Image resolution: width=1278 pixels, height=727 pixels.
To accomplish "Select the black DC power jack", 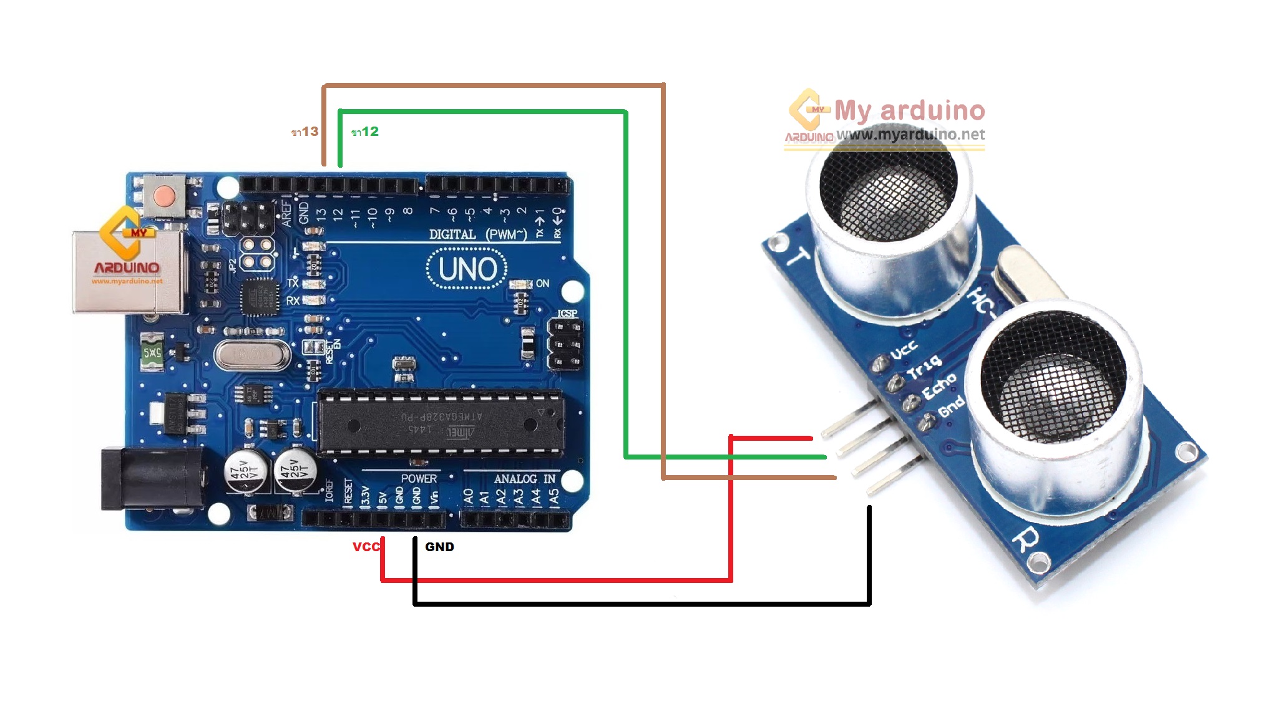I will (x=153, y=479).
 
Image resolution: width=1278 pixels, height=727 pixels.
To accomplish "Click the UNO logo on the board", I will (x=467, y=269).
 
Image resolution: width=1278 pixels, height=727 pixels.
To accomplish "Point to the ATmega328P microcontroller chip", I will (x=441, y=423).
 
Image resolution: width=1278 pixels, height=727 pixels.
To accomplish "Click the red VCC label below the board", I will (x=366, y=547).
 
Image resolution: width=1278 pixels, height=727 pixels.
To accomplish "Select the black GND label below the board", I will (x=439, y=547).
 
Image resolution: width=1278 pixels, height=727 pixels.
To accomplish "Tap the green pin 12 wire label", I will (x=365, y=132).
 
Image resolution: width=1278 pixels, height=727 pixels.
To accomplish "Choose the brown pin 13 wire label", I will (x=305, y=132).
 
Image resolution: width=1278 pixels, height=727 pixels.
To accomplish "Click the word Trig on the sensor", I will (x=924, y=368).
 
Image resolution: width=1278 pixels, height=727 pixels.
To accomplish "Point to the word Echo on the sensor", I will (x=939, y=387).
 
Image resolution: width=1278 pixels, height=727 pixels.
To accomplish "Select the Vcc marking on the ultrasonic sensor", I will (x=904, y=350).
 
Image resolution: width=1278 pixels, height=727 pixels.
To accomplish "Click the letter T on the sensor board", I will (x=798, y=256).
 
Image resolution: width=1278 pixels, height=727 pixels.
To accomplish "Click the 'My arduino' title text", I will (x=909, y=110).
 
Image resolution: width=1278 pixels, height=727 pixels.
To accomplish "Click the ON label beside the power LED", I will (x=542, y=283).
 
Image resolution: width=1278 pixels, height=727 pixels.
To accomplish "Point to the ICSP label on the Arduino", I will (x=567, y=313).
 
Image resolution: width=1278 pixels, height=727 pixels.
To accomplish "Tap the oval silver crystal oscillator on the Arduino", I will (x=252, y=355).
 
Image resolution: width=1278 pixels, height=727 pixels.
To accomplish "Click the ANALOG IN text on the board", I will (x=524, y=479).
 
